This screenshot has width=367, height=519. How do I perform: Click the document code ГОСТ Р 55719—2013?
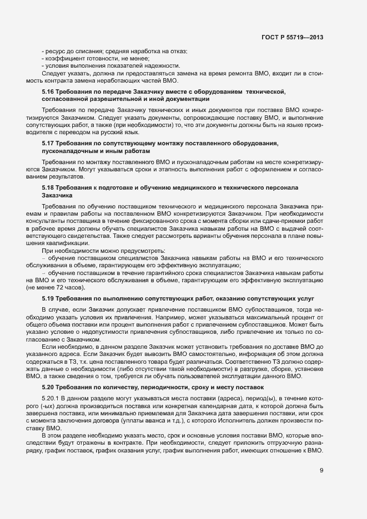[293, 37]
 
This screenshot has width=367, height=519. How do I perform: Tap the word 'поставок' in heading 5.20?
[252, 386]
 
